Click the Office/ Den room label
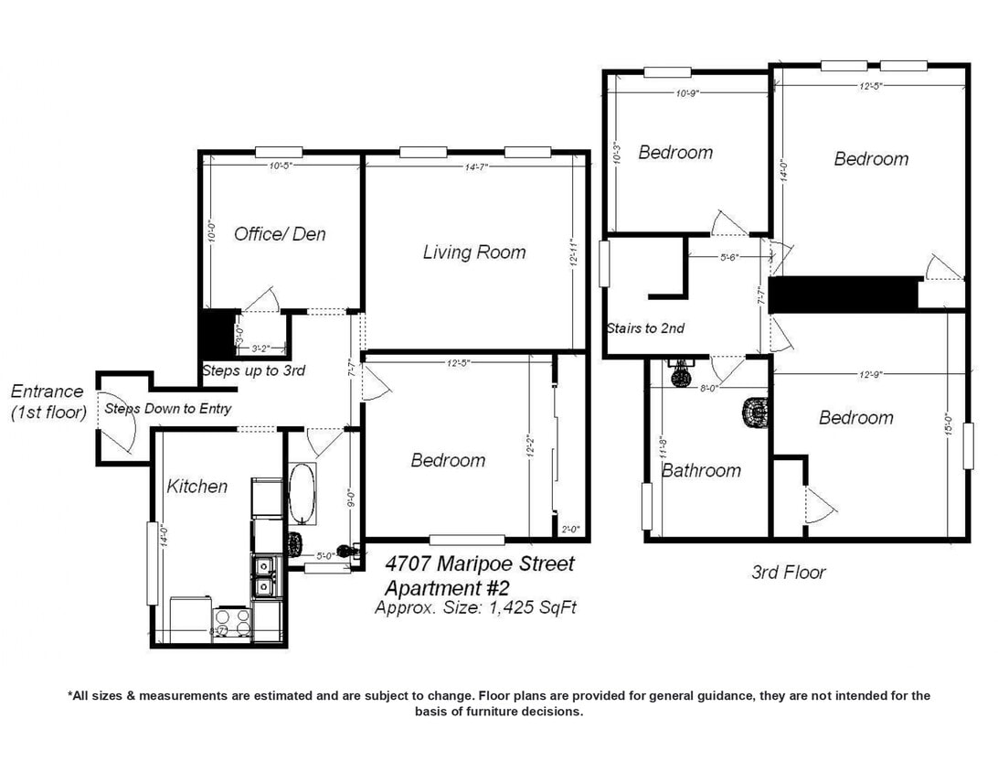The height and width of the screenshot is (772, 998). click(x=280, y=234)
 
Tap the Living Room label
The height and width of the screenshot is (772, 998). click(x=473, y=252)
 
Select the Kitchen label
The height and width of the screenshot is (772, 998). click(x=196, y=486)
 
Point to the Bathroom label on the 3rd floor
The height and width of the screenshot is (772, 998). click(x=701, y=470)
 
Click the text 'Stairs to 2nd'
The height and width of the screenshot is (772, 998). click(x=645, y=328)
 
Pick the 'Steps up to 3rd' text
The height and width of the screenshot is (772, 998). click(x=252, y=370)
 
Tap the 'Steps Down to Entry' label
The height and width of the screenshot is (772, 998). click(x=167, y=409)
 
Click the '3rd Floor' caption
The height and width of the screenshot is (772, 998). click(x=788, y=573)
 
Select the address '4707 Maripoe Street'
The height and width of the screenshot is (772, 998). click(x=480, y=563)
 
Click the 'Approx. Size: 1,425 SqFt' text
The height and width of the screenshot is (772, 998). click(x=475, y=607)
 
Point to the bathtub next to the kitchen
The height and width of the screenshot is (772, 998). click(x=303, y=494)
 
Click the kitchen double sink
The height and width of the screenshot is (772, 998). click(x=265, y=576)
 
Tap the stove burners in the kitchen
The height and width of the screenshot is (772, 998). click(x=232, y=622)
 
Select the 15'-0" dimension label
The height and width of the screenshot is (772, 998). click(x=950, y=427)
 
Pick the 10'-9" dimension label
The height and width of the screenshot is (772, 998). click(x=686, y=92)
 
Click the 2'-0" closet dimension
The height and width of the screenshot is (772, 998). click(x=569, y=528)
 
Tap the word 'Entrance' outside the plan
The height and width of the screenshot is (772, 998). click(x=48, y=391)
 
